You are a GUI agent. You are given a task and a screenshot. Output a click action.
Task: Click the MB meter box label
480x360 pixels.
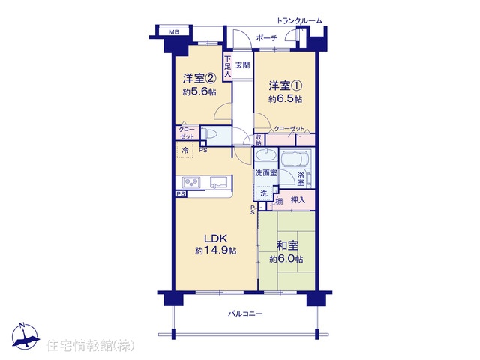coord(174,31)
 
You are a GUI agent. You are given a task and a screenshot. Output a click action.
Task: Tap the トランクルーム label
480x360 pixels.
coord(299,21)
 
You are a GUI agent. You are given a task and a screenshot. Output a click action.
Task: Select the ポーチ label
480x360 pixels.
coord(266,38)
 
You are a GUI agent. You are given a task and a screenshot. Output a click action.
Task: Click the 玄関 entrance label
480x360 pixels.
coord(243,65)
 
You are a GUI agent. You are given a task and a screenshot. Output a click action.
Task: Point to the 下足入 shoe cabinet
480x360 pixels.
coord(227,67)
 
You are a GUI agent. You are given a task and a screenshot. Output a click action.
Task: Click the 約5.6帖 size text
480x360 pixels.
coord(199,91)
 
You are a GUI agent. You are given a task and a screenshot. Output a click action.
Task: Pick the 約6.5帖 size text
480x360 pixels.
coord(286,99)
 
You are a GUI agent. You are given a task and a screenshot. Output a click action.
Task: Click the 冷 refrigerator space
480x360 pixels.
coord(185,150)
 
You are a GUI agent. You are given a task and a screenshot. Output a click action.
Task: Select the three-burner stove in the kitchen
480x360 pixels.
coord(192,183)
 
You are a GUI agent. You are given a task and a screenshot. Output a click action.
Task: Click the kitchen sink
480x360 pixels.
coord(219,182)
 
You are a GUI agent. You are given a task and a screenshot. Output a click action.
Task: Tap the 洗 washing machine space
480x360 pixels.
coord(263,193)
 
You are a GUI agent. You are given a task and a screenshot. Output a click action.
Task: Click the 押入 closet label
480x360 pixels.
coord(298,200)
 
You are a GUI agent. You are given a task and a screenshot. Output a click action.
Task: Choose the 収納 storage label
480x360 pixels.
coord(259,140)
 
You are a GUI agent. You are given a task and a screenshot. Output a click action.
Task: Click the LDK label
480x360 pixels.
coord(215,238)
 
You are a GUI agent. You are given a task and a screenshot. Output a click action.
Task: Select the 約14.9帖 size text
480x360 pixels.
coord(216,250)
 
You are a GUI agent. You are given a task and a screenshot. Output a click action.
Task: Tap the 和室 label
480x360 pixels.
coord(287,245)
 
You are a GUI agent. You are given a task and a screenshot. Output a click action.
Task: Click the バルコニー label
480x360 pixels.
coord(245,313)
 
